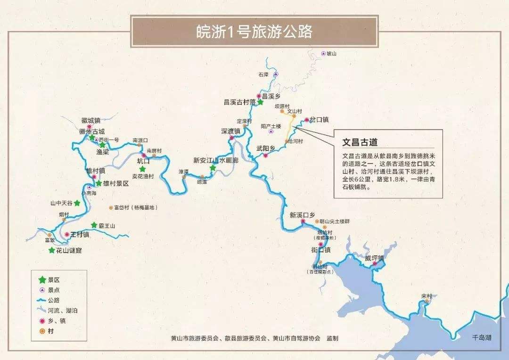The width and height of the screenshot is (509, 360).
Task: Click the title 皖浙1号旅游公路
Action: [x=254, y=32]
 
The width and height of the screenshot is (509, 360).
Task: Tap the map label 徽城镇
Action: [x=91, y=120]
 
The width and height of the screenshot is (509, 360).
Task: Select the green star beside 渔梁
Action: [x=102, y=145]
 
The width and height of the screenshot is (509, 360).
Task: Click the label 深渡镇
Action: [x=230, y=131]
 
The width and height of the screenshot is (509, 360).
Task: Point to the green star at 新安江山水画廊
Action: [x=213, y=168]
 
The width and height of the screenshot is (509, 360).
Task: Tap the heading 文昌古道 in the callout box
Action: [x=360, y=142]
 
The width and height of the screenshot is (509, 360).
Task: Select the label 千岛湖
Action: [x=482, y=337]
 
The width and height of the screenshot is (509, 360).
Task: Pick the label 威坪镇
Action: [x=375, y=258]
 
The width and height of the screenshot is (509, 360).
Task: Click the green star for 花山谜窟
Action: [x=52, y=250]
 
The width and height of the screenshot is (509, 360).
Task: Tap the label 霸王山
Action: [x=107, y=226]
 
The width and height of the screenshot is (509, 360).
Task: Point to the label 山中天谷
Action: [x=62, y=203]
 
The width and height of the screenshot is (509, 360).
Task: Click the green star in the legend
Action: [x=42, y=280]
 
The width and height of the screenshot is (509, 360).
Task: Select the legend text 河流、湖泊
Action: [x=63, y=311]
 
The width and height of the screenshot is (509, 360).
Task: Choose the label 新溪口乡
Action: [x=302, y=215]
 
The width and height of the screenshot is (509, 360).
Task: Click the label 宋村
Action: [x=427, y=296]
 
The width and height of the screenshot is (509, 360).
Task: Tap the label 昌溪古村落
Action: [x=239, y=101]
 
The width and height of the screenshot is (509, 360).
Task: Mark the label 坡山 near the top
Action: [x=332, y=54]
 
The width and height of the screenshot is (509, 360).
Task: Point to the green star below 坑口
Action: [x=142, y=168]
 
